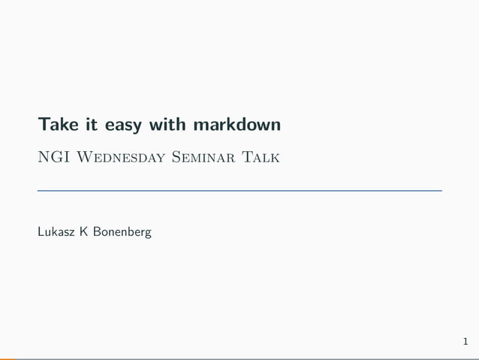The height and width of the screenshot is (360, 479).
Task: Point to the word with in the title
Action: tap(161, 123)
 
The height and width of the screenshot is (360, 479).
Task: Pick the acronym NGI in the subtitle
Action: tap(51, 157)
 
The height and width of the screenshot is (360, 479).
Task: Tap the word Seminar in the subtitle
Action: tap(200, 157)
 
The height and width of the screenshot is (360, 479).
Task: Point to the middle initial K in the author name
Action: tap(85, 231)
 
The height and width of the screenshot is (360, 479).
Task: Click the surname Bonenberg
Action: tap(122, 232)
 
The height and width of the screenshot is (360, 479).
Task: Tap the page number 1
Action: tap(466, 343)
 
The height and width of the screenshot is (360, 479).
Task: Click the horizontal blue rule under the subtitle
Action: tap(239, 191)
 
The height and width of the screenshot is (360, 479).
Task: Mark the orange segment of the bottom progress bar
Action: tap(8, 358)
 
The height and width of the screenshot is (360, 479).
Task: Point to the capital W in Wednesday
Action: tap(84, 157)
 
